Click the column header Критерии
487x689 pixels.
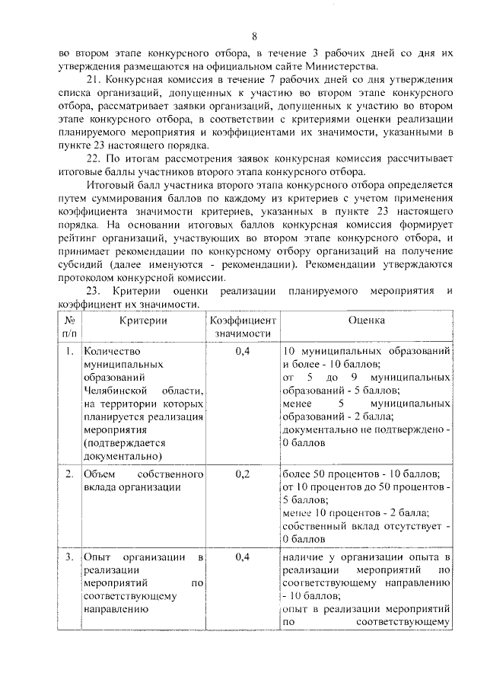pyautogui.click(x=142, y=321)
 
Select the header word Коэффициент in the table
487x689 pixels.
pyautogui.click(x=243, y=321)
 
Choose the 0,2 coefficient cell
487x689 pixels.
pyautogui.click(x=243, y=474)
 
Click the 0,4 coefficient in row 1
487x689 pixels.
pyautogui.click(x=243, y=352)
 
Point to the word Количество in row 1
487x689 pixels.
pyautogui.click(x=113, y=352)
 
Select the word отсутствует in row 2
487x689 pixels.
pyautogui.click(x=415, y=525)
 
